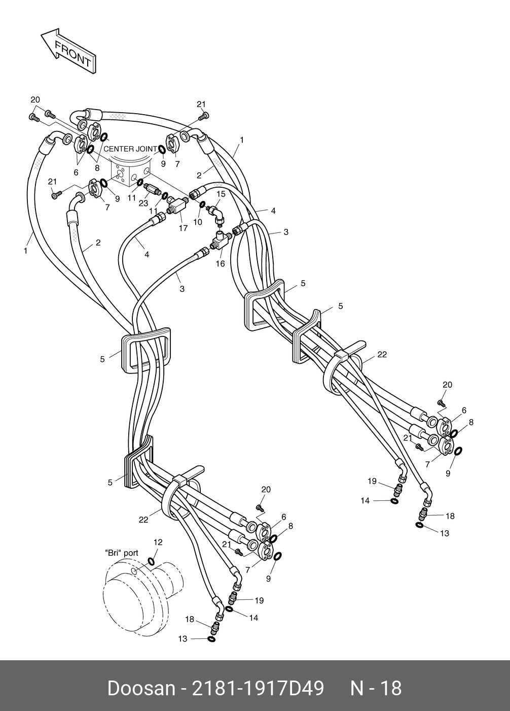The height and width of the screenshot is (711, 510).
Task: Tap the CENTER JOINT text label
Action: point(130,149)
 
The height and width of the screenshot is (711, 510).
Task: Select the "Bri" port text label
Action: point(121,553)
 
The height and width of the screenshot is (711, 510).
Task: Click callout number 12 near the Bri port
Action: point(158,543)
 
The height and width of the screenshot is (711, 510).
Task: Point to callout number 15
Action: point(221,194)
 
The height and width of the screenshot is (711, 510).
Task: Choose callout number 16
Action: point(220,264)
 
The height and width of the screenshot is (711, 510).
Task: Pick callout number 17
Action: point(183,228)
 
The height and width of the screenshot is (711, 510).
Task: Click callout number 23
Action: point(143,203)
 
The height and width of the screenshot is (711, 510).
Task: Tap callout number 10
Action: point(198,222)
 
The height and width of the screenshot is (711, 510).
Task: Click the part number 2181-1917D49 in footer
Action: point(257,689)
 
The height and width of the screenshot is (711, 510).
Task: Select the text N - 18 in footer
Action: point(376,689)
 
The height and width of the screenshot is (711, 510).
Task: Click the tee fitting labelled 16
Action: point(219,241)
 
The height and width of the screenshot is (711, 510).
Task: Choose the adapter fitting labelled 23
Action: point(153,191)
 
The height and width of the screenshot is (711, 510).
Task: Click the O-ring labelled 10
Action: point(202,205)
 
